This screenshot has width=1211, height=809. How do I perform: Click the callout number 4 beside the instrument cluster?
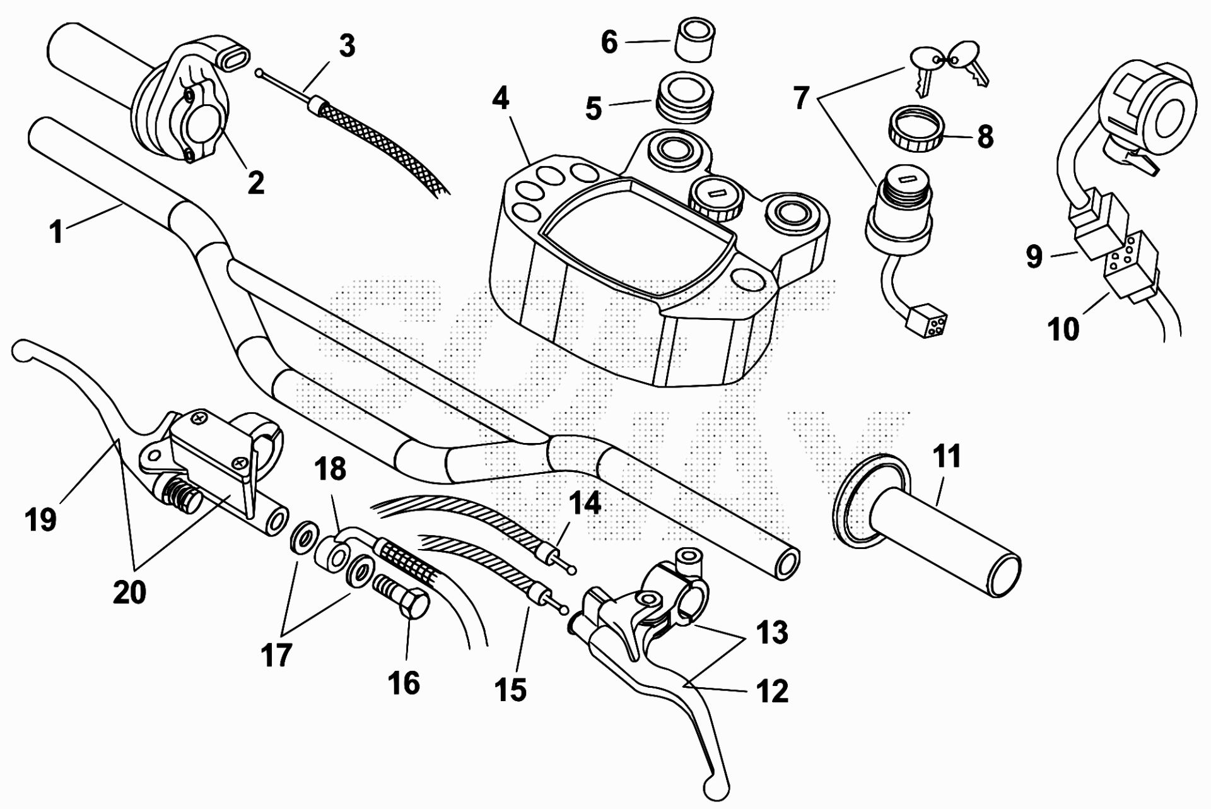(501, 100)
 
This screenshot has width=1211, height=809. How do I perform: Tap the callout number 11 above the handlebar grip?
(947, 456)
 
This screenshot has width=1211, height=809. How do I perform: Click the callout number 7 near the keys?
(801, 98)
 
